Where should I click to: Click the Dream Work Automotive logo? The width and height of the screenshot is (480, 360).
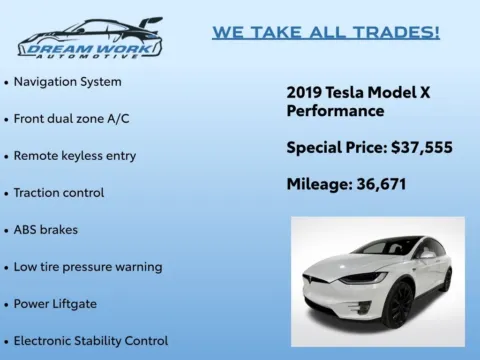(x=89, y=38)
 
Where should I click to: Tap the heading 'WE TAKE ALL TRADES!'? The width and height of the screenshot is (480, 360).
(x=325, y=32)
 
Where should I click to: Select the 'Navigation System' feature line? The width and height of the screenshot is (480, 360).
(x=68, y=81)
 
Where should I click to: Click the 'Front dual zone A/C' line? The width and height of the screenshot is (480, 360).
(x=71, y=118)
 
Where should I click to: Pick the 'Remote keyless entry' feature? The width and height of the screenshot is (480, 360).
(x=75, y=156)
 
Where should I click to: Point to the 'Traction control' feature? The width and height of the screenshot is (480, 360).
(x=59, y=192)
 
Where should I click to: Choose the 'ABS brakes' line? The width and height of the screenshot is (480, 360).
(x=46, y=229)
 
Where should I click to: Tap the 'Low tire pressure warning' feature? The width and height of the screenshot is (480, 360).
(x=88, y=267)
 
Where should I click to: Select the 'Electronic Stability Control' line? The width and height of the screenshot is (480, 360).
(x=91, y=340)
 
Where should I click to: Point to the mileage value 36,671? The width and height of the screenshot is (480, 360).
(x=388, y=184)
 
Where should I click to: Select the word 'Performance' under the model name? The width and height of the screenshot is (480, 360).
(x=335, y=111)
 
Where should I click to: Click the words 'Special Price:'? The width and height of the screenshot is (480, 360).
(x=331, y=147)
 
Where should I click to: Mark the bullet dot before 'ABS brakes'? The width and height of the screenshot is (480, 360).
(x=7, y=230)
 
